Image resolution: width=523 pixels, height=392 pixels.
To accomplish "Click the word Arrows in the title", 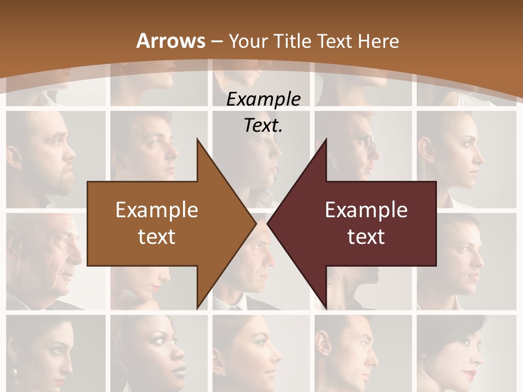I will pos(171,41).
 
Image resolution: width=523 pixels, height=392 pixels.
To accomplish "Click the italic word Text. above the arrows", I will pos(263,126).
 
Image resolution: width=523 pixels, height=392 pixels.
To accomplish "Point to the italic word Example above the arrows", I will pos(263,99).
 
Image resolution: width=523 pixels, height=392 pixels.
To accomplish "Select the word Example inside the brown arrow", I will pos(156,210).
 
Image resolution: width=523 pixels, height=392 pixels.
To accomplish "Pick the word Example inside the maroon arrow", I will pos(366,210).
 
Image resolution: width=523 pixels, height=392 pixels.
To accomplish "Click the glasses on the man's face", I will pos(367,144).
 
